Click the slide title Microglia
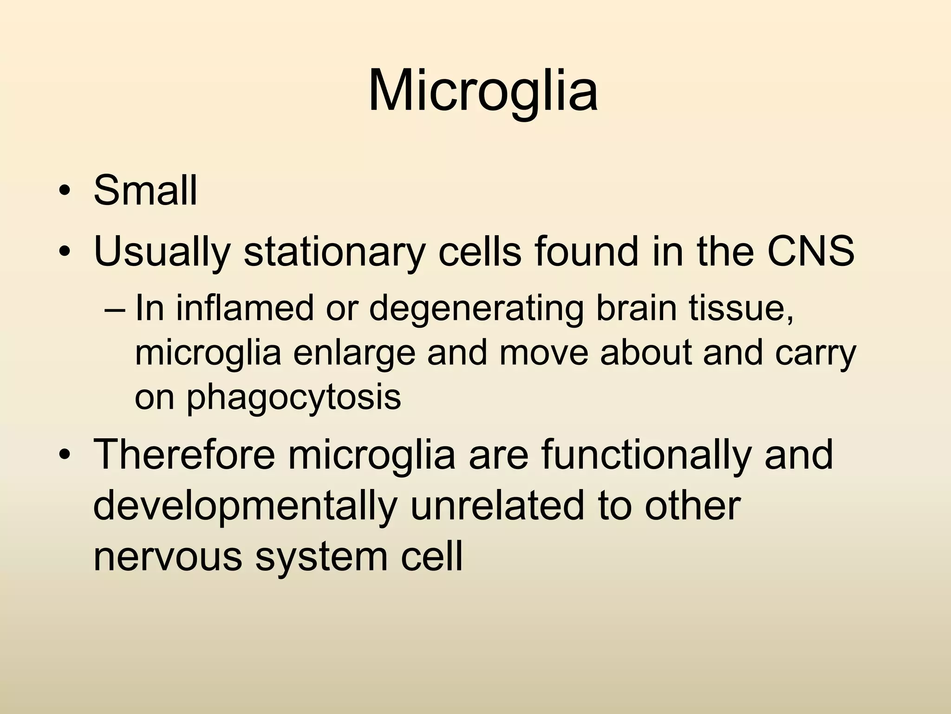click(482, 90)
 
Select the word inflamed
click(244, 308)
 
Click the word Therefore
click(184, 455)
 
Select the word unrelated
click(496, 505)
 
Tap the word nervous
click(168, 556)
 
